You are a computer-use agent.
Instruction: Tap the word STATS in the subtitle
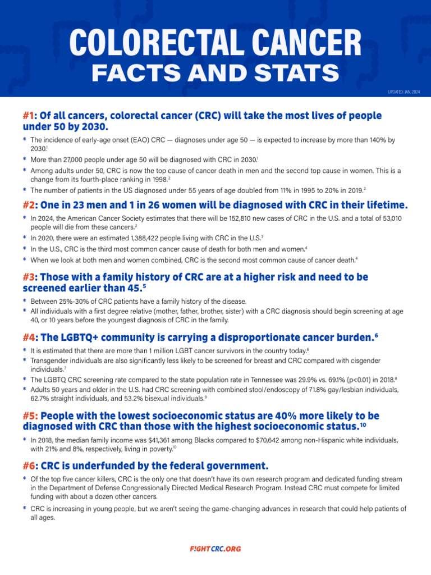point(295,73)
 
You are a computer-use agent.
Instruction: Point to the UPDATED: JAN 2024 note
point(404,92)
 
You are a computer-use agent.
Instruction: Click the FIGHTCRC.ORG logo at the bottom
point(215,549)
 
